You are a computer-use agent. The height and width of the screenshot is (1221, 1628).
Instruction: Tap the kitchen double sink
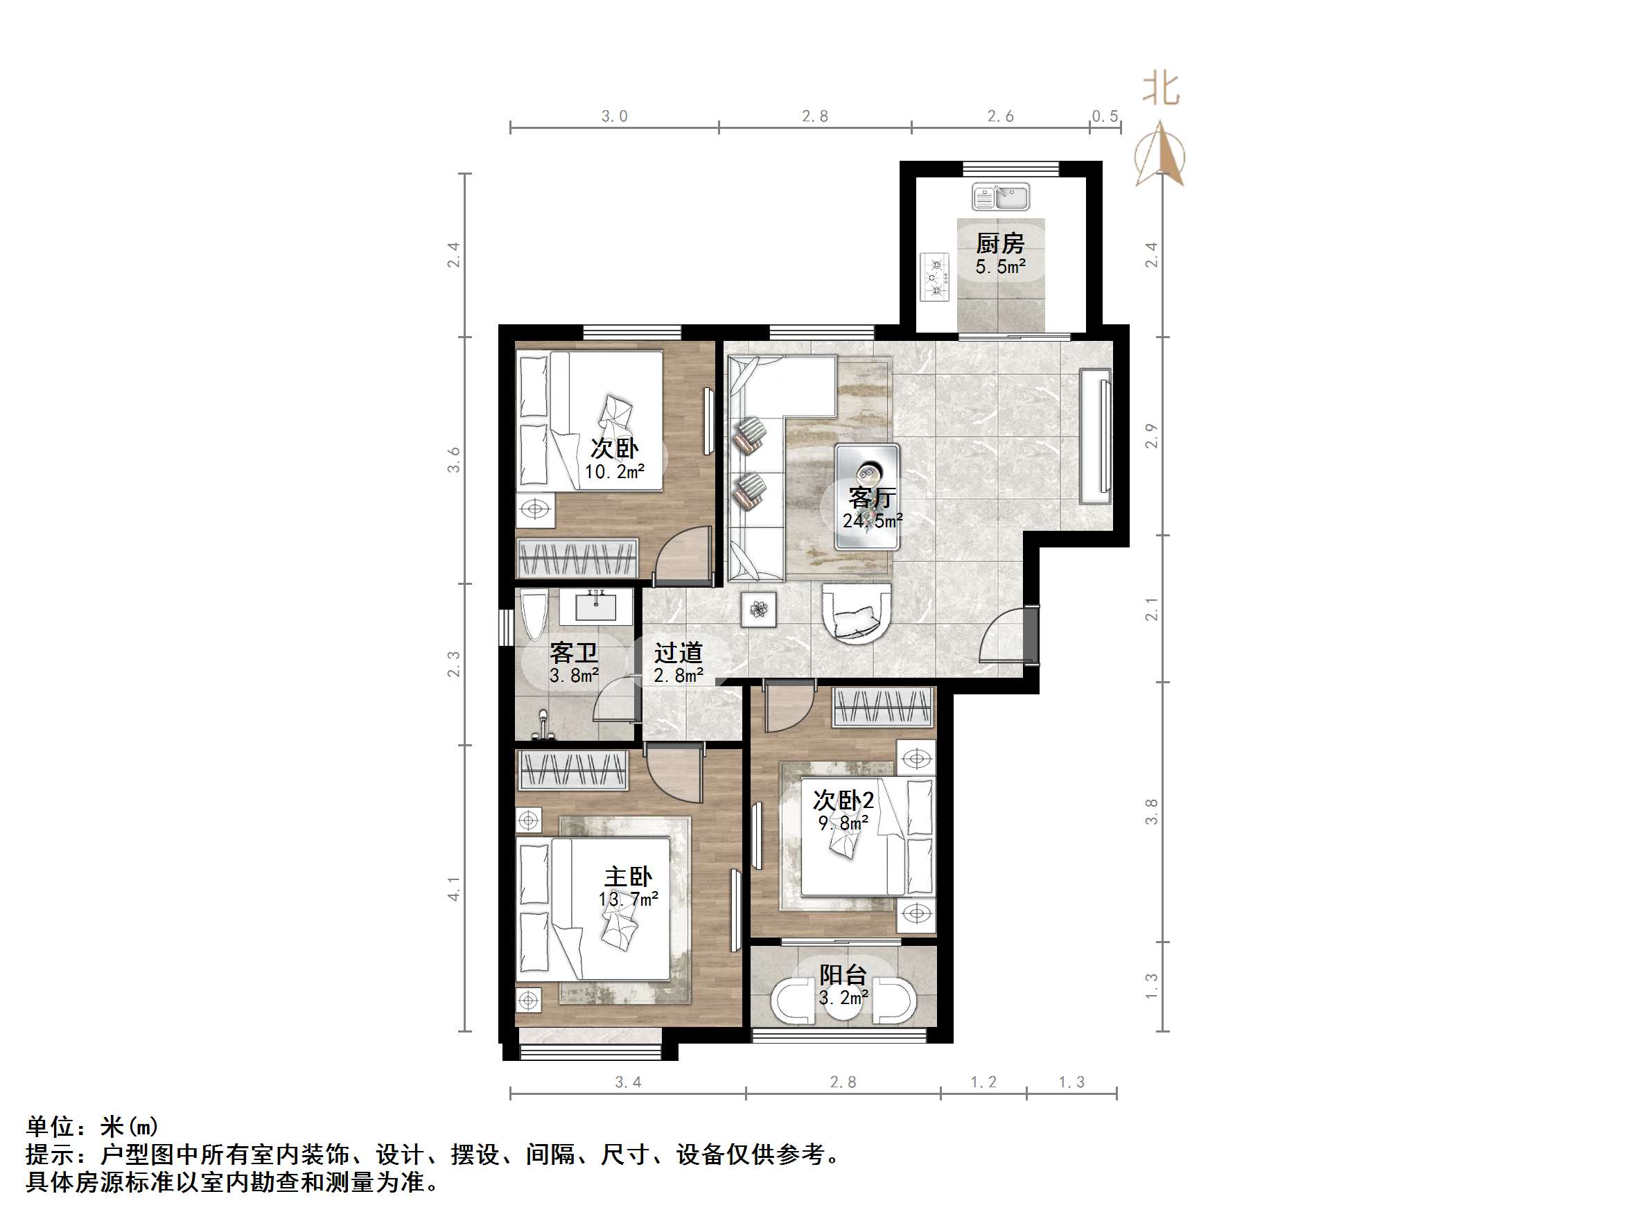point(1000,197)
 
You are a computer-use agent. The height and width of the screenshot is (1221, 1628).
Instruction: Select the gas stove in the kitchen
point(936,276)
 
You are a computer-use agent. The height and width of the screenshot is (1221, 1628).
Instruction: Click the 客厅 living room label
point(871,498)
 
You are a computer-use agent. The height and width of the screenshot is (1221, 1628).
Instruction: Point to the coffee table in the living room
point(867,496)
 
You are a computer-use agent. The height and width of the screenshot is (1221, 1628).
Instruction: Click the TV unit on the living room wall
point(1096,437)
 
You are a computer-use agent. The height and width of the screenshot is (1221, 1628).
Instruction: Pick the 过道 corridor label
point(678,653)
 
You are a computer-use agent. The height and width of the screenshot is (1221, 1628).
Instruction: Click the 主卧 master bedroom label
point(628,877)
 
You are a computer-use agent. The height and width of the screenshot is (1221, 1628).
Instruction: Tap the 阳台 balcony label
point(843,975)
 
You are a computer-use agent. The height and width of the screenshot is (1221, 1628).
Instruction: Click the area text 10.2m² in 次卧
point(615,472)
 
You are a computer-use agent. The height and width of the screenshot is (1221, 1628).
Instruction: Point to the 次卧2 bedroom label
point(843,800)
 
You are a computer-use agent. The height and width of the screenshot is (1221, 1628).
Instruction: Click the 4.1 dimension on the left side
point(454,888)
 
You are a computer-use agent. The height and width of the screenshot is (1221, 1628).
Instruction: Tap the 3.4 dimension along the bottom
point(628,1082)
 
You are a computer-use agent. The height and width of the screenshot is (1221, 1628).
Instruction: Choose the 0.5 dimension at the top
point(1105,116)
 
